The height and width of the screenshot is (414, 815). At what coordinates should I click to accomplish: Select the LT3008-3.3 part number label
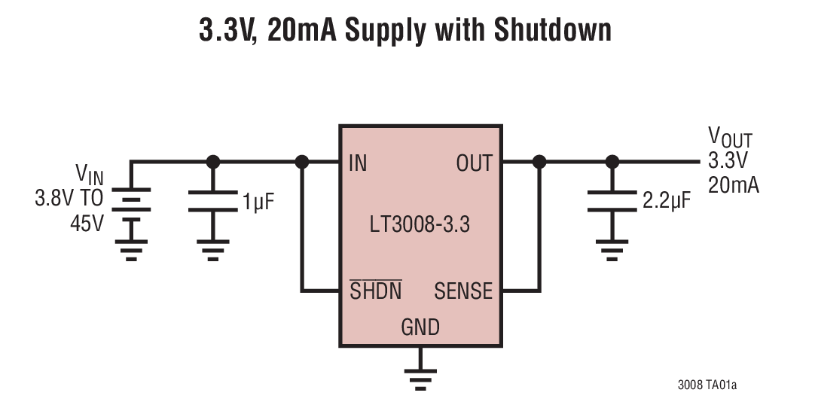coord(420,224)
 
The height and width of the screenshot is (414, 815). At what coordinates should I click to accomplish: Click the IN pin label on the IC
coord(358,163)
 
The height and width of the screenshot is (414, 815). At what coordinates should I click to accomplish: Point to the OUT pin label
coord(474,163)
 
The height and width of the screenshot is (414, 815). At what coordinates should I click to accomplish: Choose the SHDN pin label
coord(376,291)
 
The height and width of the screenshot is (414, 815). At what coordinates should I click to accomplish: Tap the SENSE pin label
coord(463,291)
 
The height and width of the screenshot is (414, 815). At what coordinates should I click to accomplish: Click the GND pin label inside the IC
coord(420,327)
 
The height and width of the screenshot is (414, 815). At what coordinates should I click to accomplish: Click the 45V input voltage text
coord(87,224)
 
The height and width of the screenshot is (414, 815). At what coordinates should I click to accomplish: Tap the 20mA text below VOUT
coord(733,185)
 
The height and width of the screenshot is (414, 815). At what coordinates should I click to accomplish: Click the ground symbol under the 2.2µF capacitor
coord(612,248)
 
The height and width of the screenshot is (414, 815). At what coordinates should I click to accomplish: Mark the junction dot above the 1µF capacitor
coord(213,161)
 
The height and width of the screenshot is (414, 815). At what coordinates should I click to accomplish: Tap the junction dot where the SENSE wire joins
coord(539,161)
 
